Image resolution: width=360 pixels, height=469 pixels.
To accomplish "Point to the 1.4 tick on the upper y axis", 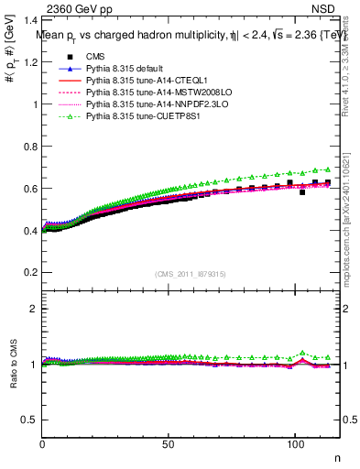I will (x=30, y=19).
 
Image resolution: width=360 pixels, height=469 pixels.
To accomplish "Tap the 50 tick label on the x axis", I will (x=169, y=445).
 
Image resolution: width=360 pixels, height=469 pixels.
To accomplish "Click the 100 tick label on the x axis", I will (x=295, y=445).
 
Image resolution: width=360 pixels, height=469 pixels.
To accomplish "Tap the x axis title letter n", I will (x=335, y=458).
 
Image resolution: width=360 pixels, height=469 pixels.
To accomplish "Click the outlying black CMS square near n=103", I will (x=302, y=192).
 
